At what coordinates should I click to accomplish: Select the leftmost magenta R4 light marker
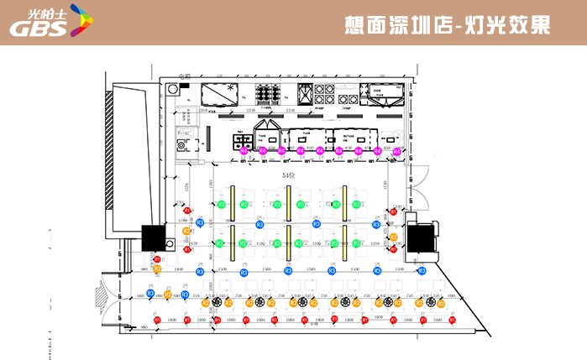[244, 152]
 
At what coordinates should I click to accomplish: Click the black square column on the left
[153, 237]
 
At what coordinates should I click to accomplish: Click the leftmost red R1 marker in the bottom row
[158, 320]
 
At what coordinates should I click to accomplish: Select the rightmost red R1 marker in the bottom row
[452, 320]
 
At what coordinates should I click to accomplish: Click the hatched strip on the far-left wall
[108, 152]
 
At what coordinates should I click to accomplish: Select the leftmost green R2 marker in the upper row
[221, 204]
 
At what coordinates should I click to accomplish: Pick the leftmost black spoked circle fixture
[218, 302]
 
